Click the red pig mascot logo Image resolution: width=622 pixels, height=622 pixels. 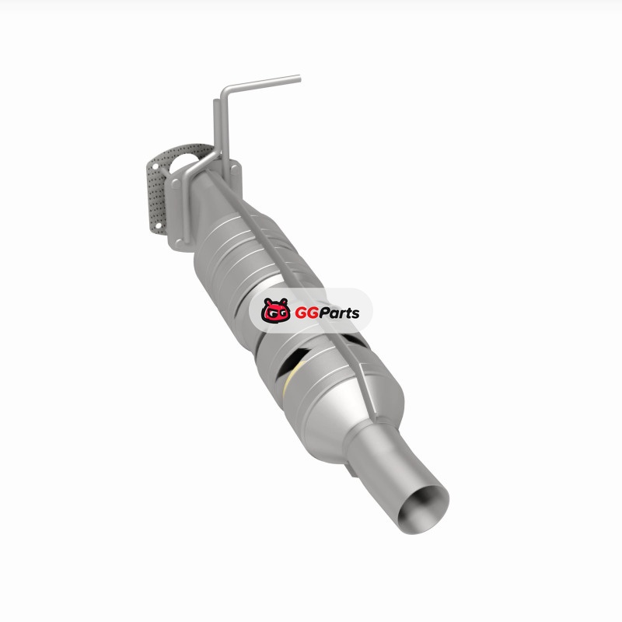pyautogui.click(x=275, y=309)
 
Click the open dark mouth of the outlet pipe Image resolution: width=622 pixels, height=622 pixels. pyautogui.click(x=423, y=511)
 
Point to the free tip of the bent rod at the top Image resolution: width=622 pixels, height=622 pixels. pyautogui.click(x=299, y=79)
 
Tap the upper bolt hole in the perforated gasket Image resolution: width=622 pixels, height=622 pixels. pyautogui.click(x=155, y=166)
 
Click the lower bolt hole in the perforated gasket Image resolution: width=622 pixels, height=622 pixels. pyautogui.click(x=158, y=226)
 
